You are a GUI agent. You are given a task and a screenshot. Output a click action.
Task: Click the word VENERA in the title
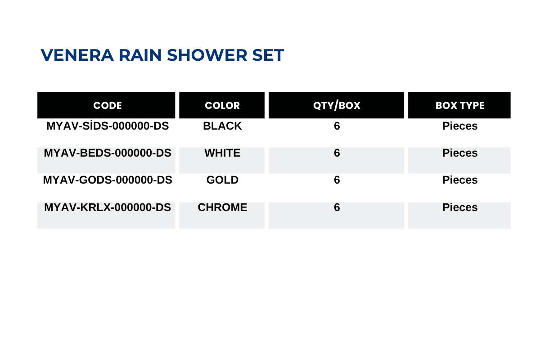[x=77, y=55]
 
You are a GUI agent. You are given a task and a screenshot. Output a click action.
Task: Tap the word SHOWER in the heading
[x=207, y=55]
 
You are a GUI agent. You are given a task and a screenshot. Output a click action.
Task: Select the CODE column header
[x=108, y=105]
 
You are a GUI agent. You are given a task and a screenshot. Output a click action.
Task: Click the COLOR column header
[x=222, y=105]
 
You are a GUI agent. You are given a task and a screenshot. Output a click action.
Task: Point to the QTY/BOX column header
[x=337, y=105]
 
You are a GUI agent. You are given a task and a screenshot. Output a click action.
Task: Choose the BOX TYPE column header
[x=460, y=105]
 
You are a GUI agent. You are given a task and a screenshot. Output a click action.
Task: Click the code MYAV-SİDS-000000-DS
[x=108, y=126]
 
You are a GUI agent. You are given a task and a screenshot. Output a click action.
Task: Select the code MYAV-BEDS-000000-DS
[x=108, y=153]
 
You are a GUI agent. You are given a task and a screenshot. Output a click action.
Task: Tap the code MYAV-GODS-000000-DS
[x=108, y=180]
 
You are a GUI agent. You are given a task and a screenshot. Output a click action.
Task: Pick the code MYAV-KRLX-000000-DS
[x=108, y=207]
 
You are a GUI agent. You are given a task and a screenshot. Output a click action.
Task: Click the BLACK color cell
[x=222, y=126]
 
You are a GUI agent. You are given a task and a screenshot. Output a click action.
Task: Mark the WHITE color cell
[x=222, y=153]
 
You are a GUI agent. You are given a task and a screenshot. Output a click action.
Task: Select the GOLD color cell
[x=222, y=180]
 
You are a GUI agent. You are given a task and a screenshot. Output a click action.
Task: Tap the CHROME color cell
[x=222, y=207]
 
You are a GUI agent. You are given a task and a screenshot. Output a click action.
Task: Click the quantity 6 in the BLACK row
[x=337, y=126]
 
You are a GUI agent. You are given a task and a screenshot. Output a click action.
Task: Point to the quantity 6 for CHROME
[x=337, y=207]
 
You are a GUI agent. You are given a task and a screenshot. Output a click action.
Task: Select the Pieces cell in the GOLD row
[x=460, y=180]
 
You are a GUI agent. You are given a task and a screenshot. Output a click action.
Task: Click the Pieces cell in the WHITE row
[x=460, y=153]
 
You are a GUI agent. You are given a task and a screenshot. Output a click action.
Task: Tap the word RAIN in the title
[x=140, y=55]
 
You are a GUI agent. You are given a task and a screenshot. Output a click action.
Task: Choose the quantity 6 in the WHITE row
[x=337, y=153]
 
